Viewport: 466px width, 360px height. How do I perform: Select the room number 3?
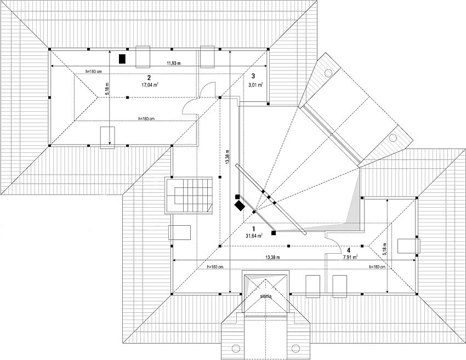(x=253, y=76)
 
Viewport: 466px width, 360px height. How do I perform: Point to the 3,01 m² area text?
(x=255, y=85)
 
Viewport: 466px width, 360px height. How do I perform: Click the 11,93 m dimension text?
(x=175, y=62)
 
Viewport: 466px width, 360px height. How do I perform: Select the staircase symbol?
(x=190, y=195)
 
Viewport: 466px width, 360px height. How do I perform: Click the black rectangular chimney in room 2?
(x=123, y=58)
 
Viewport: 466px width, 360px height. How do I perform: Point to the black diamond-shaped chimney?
(x=240, y=205)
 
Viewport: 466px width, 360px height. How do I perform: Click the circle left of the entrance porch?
(x=236, y=347)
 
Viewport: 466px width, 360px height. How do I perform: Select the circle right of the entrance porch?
(x=296, y=347)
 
